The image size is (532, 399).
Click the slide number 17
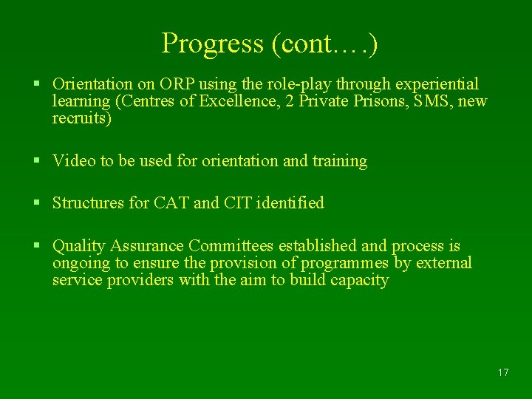tap(503, 372)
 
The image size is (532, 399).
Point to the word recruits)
tap(82, 118)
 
